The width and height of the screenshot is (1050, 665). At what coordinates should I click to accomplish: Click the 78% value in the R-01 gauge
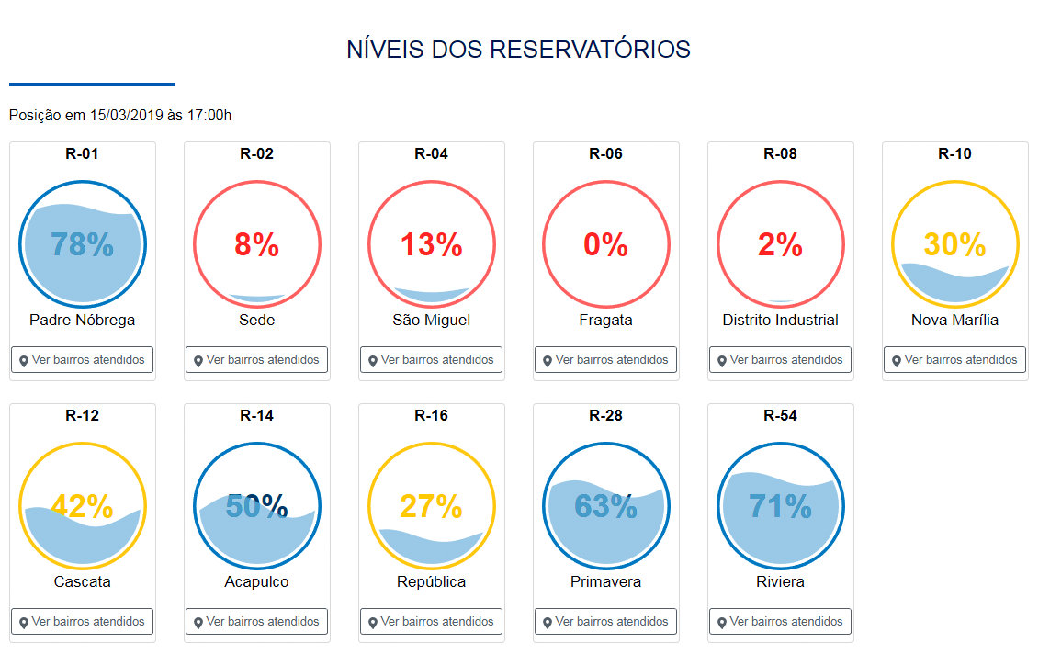(x=82, y=245)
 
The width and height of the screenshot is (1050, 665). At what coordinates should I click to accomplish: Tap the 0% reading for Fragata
(x=605, y=245)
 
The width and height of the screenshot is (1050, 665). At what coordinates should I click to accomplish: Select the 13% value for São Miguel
(x=431, y=245)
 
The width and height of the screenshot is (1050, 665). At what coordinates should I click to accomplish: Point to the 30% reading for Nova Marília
(x=954, y=245)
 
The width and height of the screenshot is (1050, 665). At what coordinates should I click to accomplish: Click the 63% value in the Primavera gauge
(x=605, y=507)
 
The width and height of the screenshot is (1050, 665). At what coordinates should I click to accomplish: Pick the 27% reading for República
(x=431, y=507)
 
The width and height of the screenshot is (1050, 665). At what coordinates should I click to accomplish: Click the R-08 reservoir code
(x=780, y=153)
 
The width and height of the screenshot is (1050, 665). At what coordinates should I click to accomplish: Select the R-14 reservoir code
(x=256, y=415)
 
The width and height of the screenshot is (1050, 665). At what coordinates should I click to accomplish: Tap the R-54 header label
(x=780, y=415)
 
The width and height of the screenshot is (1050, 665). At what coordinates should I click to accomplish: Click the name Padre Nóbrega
(x=82, y=321)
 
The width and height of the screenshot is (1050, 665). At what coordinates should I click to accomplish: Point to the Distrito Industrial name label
(x=780, y=321)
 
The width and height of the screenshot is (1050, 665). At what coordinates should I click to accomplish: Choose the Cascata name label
(x=82, y=582)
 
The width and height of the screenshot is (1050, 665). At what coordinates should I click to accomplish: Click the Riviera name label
(x=780, y=582)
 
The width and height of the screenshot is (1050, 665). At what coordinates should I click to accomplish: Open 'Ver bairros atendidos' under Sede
(x=256, y=360)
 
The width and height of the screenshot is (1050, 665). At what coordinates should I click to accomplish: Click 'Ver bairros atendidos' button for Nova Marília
(x=954, y=360)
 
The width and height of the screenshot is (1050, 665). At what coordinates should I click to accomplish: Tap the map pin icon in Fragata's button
(x=548, y=361)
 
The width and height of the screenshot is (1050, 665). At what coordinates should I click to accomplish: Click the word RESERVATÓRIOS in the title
(x=590, y=50)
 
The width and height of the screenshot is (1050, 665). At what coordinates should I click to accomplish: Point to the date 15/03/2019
(x=127, y=116)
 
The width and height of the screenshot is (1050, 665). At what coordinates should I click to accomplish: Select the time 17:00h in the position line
(x=209, y=116)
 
